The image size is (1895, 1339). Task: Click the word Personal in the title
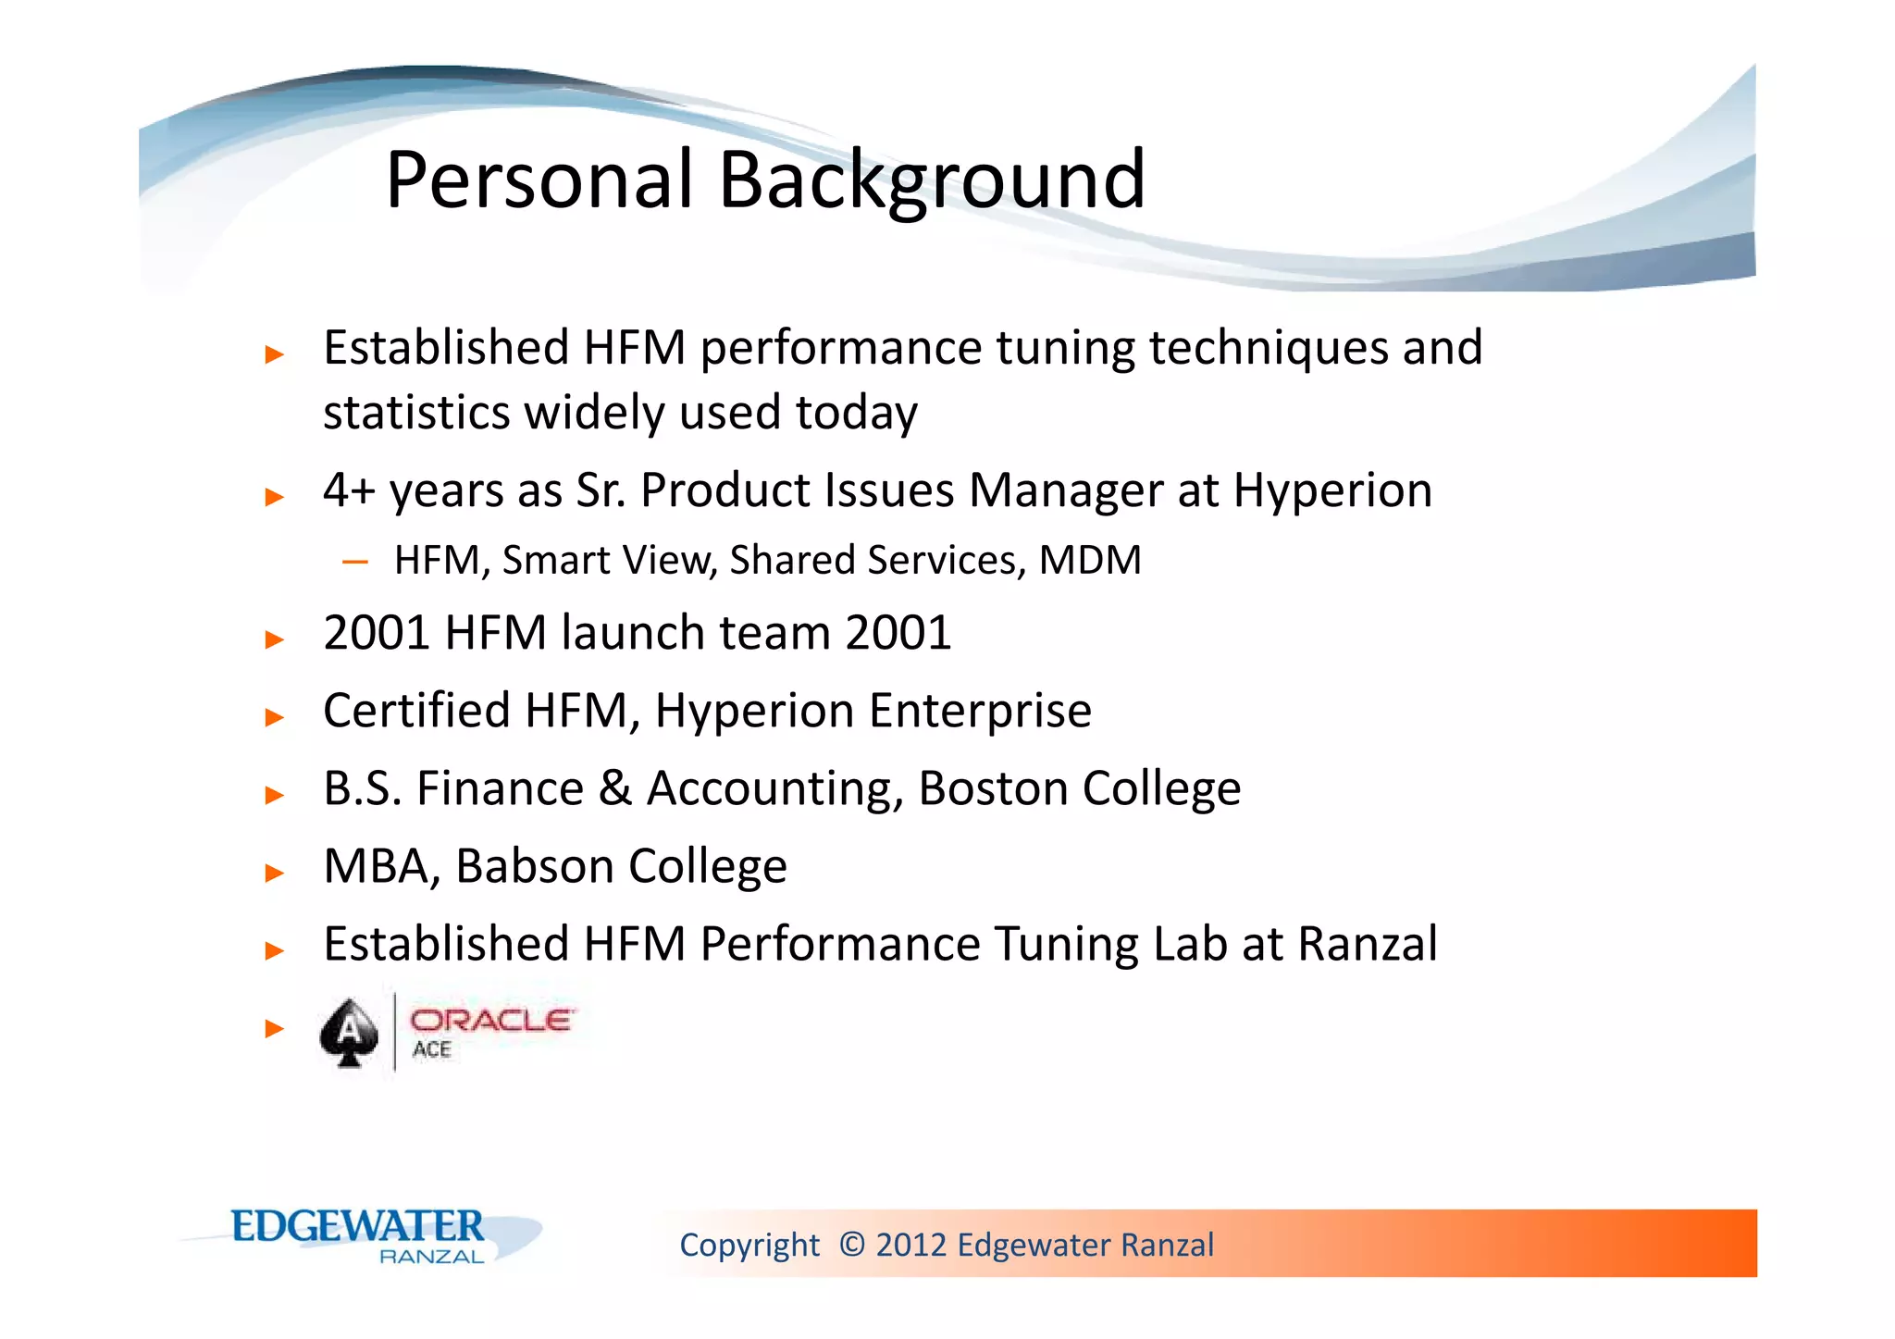point(539,180)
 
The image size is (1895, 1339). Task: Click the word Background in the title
point(932,180)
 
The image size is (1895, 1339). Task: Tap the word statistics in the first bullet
point(415,413)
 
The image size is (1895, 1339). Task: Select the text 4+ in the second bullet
point(349,490)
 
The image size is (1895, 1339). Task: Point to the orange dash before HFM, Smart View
point(355,562)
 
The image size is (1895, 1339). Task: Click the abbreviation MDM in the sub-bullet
point(1090,561)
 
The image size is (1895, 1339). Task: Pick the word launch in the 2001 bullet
point(632,634)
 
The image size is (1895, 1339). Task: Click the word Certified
point(416,712)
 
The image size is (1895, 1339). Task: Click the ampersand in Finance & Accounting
point(614,789)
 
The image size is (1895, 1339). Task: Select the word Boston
point(993,789)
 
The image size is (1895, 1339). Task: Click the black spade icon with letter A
point(349,1032)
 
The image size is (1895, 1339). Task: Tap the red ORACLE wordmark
point(491,1021)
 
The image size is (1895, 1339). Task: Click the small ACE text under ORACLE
point(432,1050)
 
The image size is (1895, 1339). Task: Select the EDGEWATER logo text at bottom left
point(357,1227)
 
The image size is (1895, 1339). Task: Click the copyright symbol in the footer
point(852,1245)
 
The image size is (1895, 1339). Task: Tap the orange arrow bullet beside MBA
point(274,873)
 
